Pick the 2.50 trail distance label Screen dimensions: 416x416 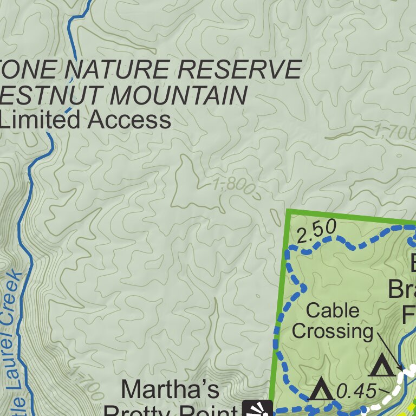tap(317, 231)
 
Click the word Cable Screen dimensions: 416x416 tap(332, 311)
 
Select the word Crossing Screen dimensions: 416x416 tap(333, 331)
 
